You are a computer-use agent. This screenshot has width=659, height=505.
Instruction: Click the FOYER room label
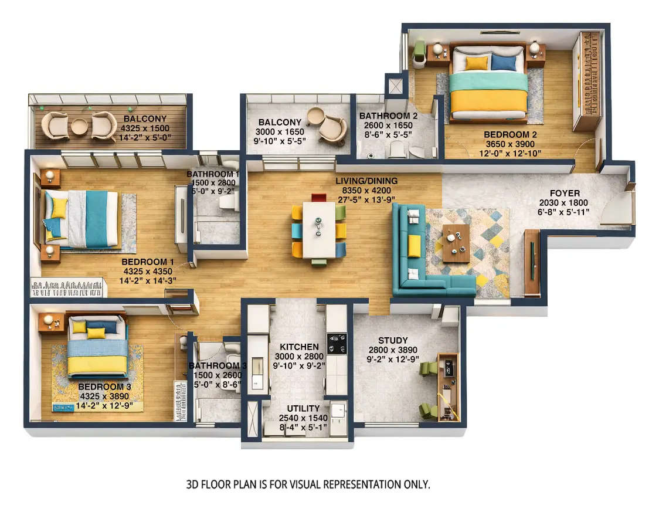[x=565, y=193]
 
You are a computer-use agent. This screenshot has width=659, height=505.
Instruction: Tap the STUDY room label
[x=392, y=340]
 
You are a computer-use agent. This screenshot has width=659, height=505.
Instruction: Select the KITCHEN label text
[x=299, y=347]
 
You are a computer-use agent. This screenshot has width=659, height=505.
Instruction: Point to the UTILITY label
[x=303, y=408]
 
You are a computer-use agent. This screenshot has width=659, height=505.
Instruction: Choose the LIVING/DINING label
[x=366, y=181]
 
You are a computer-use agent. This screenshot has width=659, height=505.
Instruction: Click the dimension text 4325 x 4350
[x=149, y=272]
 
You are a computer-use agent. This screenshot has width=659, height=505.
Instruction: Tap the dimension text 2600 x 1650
[x=389, y=126]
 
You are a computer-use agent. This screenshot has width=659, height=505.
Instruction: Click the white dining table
[x=319, y=229]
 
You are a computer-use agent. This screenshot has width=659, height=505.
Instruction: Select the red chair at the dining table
[x=318, y=197]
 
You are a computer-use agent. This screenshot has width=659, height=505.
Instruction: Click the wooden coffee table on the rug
[x=456, y=243]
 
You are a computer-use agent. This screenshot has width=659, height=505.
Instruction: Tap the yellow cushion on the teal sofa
[x=414, y=245]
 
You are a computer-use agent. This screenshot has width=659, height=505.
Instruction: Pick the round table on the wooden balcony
[x=79, y=126]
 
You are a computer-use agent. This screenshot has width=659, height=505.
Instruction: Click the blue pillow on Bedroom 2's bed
[x=503, y=63]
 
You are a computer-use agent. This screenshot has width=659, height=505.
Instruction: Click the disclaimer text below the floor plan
[x=308, y=484]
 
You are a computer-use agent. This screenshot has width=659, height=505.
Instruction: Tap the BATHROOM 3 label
[x=218, y=367]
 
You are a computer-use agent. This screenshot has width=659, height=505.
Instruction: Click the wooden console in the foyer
[x=532, y=262]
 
